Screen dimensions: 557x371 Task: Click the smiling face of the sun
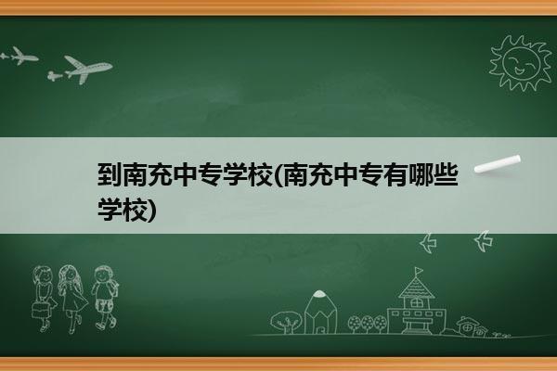[521, 62]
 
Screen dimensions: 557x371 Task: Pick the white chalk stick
[498, 164]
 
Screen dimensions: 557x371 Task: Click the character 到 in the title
[110, 174]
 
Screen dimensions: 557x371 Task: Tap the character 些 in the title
[446, 174]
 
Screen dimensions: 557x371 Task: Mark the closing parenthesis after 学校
[151, 210]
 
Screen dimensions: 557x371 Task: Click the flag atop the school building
[420, 271]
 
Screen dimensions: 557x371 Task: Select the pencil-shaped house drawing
[320, 312]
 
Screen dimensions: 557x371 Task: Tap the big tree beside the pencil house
[285, 322]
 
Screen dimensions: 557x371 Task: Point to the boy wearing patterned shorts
[105, 298]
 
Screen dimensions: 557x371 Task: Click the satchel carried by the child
[40, 310]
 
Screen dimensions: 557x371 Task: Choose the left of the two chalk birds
[428, 243]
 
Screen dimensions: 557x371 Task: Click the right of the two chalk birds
[484, 241]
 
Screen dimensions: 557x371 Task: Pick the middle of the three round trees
[367, 324]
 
